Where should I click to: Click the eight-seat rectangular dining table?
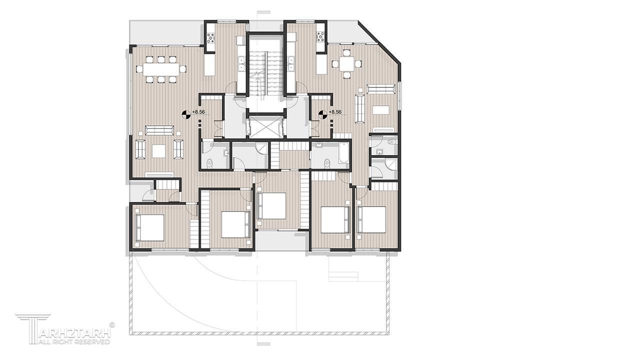point(161,69)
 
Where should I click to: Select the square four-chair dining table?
point(346,64)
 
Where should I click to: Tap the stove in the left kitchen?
point(211,37)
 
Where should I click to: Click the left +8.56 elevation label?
point(198,112)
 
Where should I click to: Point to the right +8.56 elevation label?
point(335,112)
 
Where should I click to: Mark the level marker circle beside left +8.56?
point(186,114)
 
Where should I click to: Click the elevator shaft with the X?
point(265,127)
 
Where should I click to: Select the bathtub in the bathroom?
point(344,153)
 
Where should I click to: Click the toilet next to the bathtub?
point(327,163)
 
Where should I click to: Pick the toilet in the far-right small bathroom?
point(393,141)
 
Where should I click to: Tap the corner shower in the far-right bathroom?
point(391,165)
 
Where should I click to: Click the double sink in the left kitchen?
point(241,64)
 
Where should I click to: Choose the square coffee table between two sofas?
point(159,151)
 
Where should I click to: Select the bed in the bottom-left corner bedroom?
point(150,227)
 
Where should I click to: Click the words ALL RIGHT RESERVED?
point(74,341)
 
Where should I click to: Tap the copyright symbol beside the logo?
point(112,324)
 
